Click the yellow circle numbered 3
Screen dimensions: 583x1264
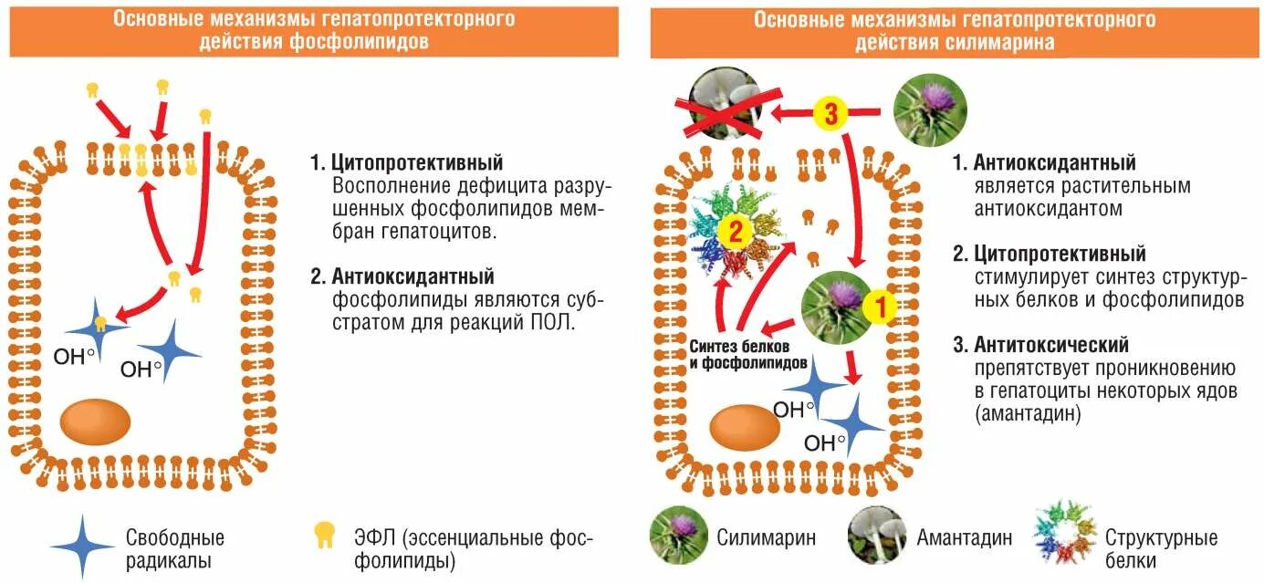click(x=831, y=114)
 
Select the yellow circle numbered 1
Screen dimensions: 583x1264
click(x=880, y=307)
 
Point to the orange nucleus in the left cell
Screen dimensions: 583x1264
click(x=95, y=421)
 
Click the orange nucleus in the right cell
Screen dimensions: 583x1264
click(x=744, y=427)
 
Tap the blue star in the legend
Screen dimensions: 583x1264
click(x=82, y=546)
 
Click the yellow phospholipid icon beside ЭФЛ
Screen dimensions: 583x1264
click(x=323, y=536)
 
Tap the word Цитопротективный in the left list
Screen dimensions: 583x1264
click(x=417, y=163)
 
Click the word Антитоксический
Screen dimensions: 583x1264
click(x=1051, y=345)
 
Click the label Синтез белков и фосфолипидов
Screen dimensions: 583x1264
click(x=747, y=355)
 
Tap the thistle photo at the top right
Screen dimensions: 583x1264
click(x=928, y=110)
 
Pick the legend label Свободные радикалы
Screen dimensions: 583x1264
click(x=175, y=548)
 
